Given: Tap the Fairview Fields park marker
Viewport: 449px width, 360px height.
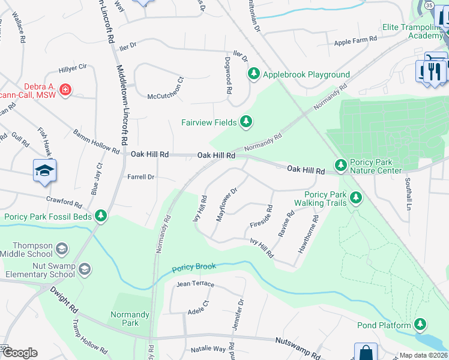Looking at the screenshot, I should tap(246, 122).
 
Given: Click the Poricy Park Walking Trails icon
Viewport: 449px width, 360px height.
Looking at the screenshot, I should tap(356, 197).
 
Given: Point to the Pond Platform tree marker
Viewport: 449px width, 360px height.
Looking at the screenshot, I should tap(421, 325).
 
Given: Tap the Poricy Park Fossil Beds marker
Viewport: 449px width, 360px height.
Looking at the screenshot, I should tap(101, 215).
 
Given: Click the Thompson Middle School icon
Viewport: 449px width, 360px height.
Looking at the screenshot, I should tap(61, 248).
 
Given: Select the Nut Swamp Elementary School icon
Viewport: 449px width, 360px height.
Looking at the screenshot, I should tap(84, 269).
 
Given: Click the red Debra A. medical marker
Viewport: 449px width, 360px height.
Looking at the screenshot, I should tap(65, 91).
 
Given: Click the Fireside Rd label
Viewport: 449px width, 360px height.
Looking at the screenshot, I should tap(261, 217).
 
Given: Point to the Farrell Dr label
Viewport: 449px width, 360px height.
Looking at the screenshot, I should tap(141, 177).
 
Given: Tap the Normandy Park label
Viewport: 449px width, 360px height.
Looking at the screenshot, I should tap(130, 319).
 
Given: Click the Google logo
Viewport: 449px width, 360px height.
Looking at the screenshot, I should tap(19, 352).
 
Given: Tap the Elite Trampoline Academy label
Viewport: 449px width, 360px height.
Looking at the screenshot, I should tap(413, 31).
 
